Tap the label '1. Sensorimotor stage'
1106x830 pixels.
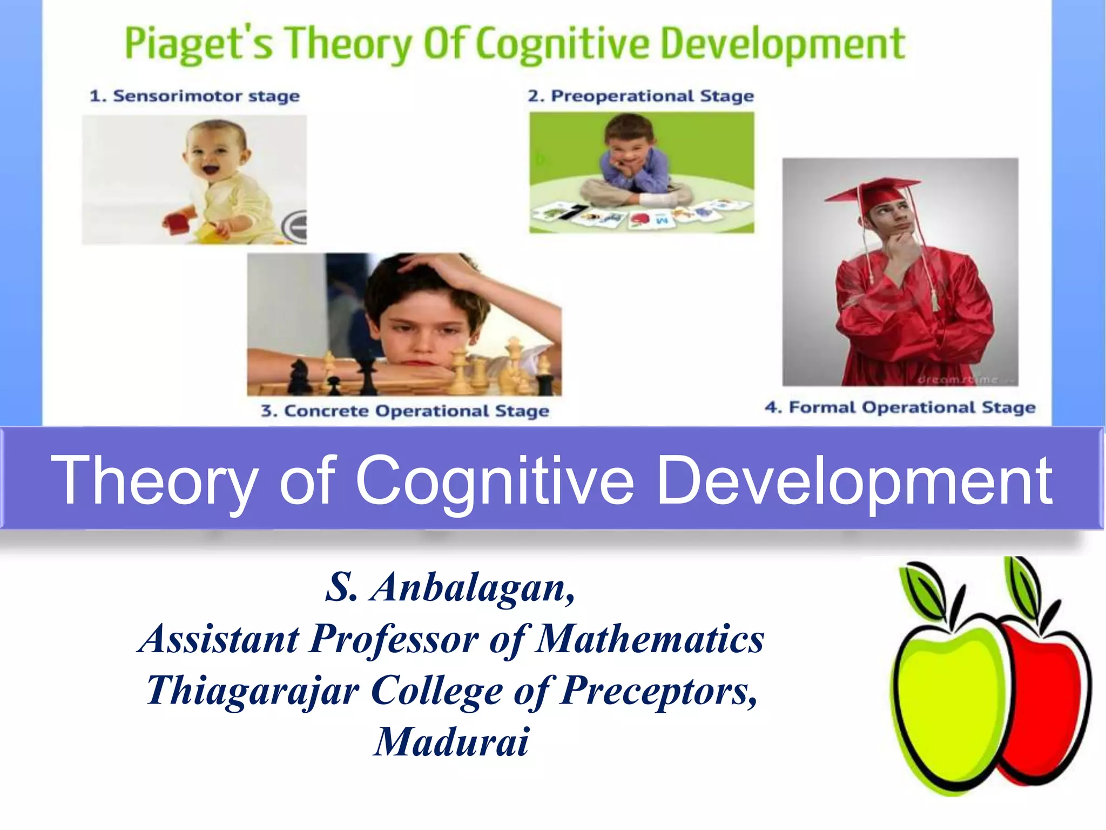[194, 96]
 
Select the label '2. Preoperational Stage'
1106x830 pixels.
[641, 96]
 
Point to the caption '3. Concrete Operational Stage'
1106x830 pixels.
[405, 411]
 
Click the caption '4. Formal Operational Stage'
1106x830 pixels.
[900, 407]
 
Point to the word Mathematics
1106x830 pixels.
[651, 639]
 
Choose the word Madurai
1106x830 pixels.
[451, 742]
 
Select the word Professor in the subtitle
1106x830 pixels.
[394, 639]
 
